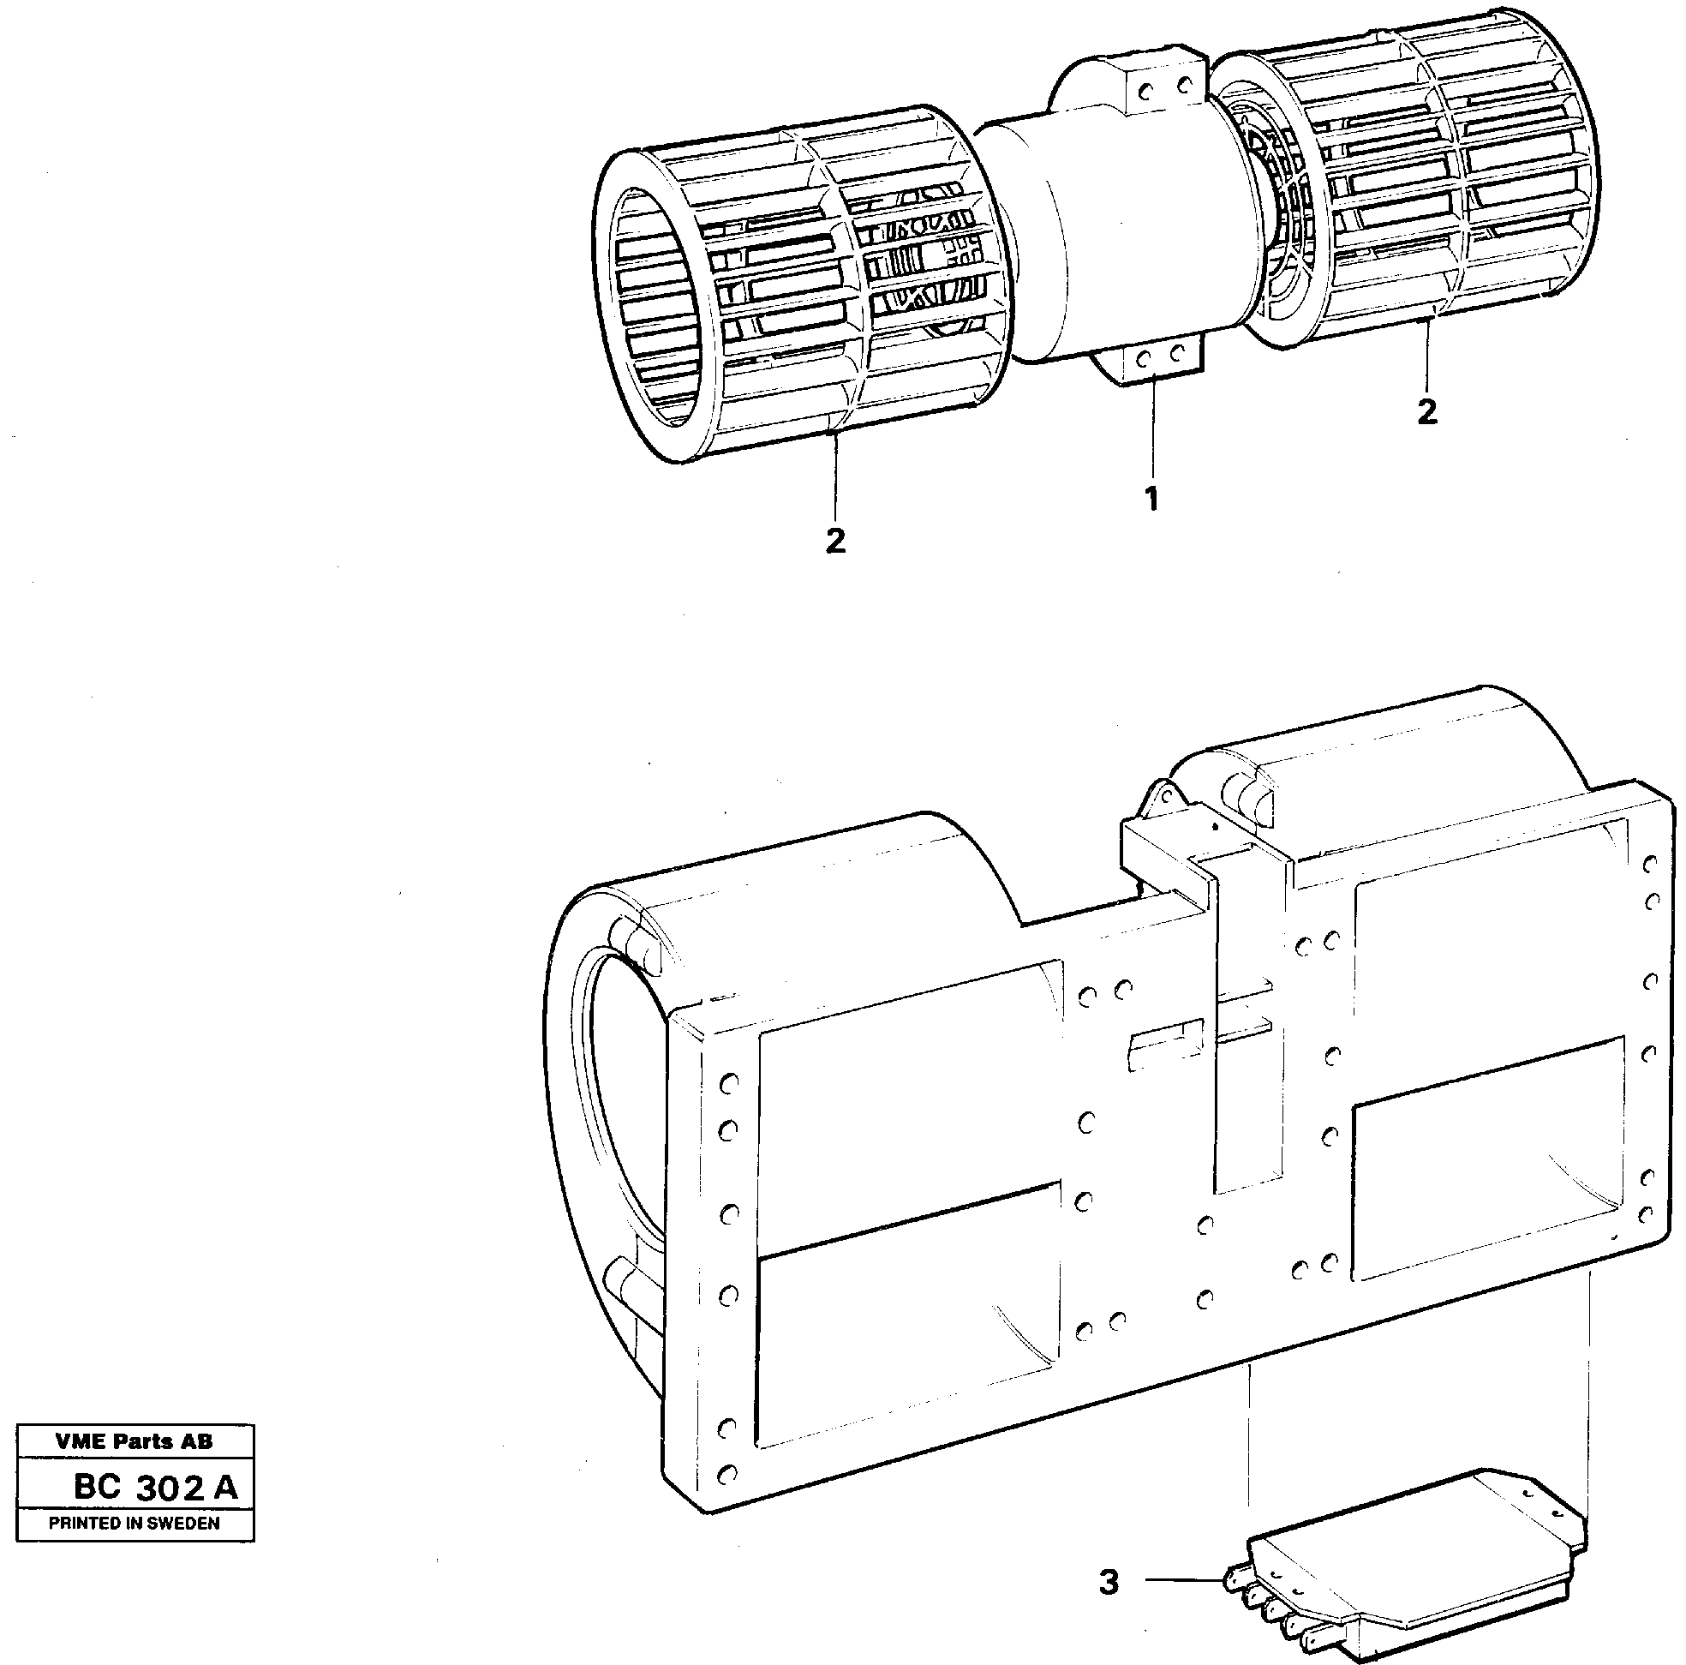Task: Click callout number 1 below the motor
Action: (1151, 500)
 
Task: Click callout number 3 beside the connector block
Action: (1109, 1582)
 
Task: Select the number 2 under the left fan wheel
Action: (835, 541)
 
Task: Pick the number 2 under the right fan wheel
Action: (1426, 411)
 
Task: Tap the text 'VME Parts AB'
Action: (135, 1441)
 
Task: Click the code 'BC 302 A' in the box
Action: (155, 1487)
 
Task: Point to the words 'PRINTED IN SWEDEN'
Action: (135, 1524)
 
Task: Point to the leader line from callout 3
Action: (1182, 1580)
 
